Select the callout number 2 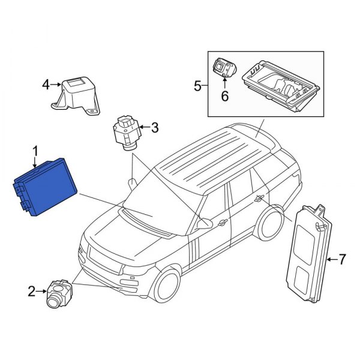[32, 292]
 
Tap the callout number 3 [154, 127]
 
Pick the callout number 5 [198, 86]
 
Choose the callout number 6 [226, 95]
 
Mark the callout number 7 [342, 259]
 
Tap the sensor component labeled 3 [125, 130]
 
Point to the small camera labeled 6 [225, 68]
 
